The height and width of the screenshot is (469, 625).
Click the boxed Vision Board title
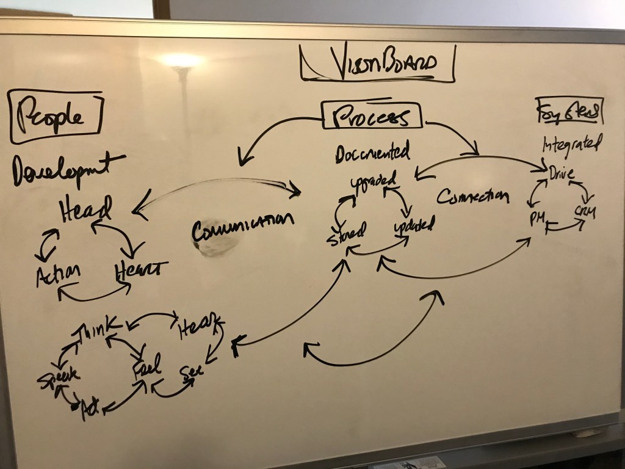tap(377, 64)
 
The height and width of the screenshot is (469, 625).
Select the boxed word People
tap(54, 116)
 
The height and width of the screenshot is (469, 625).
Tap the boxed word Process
tap(372, 116)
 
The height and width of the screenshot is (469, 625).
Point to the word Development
tap(67, 168)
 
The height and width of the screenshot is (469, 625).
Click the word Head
tap(85, 211)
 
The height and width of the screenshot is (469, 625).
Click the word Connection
tap(473, 196)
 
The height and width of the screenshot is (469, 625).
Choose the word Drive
tap(561, 172)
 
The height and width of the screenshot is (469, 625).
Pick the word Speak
tap(58, 379)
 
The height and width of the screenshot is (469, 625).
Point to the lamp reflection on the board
tap(180, 61)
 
